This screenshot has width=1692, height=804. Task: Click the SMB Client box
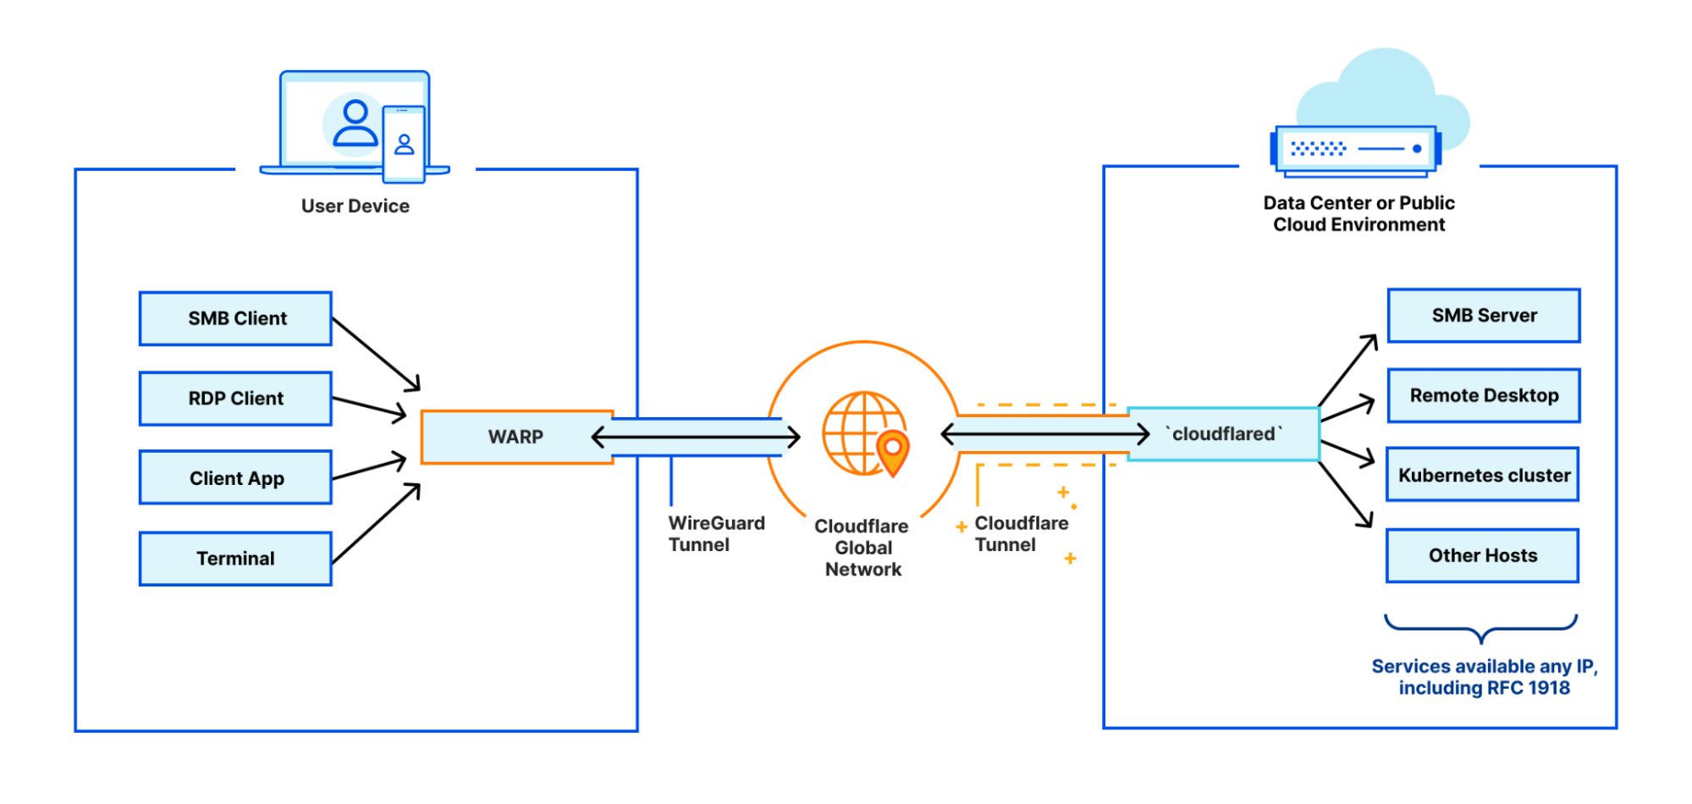point(235,319)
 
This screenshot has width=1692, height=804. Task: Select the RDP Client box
point(235,399)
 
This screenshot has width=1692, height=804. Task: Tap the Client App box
point(235,478)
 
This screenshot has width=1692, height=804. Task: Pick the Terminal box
point(235,559)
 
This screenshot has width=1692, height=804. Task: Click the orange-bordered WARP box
point(516,438)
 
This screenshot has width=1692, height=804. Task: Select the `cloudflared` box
point(1224,434)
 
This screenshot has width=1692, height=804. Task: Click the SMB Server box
point(1484,316)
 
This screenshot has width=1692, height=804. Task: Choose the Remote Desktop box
point(1484,395)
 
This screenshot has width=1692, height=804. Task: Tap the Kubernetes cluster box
point(1483,475)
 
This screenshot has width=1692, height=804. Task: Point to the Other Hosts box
point(1482,556)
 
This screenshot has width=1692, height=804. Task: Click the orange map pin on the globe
point(892,449)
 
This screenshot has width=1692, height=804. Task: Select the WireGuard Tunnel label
point(715,534)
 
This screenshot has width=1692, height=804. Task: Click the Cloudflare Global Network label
point(863,548)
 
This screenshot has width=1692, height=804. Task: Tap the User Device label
point(355,207)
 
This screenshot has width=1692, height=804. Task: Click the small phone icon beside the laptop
point(404,144)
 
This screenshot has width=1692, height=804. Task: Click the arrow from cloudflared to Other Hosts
point(1346,494)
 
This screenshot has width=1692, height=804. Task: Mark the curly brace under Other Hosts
point(1480,629)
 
